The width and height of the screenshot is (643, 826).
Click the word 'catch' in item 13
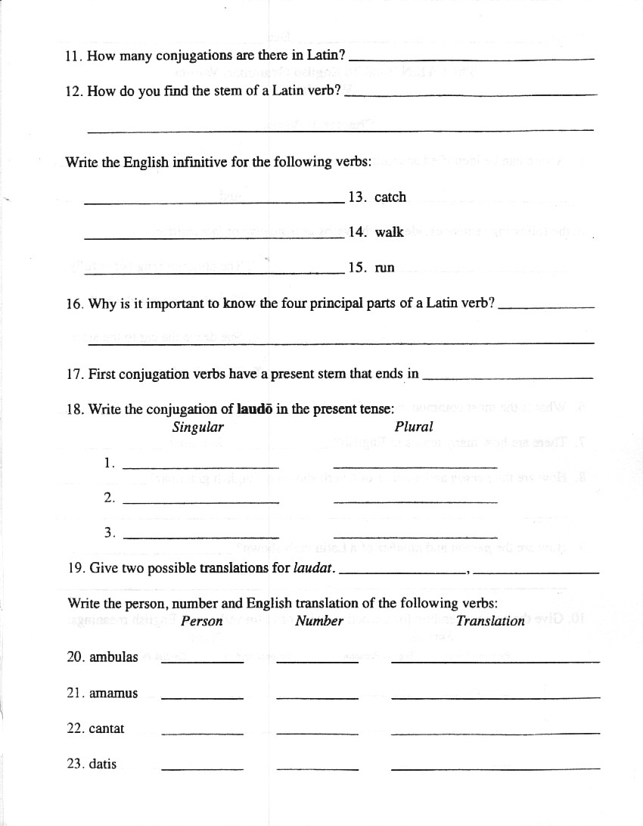pos(390,197)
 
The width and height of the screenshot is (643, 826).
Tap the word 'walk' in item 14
pos(389,232)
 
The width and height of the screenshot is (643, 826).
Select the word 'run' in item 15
pos(384,268)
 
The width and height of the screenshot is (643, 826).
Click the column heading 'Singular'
pos(198,427)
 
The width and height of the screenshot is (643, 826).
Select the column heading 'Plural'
pos(414,427)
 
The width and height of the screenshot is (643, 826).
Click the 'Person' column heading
pos(202,622)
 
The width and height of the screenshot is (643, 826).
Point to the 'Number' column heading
pos(319,622)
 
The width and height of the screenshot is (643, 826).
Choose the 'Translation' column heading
pos(490,622)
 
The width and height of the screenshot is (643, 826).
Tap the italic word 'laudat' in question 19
pos(312,568)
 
